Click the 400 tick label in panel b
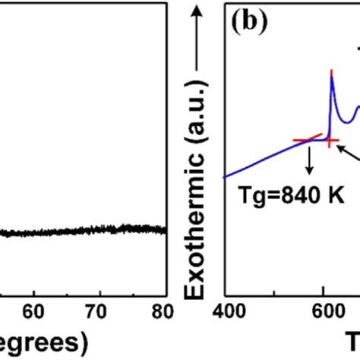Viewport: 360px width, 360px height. click(227, 310)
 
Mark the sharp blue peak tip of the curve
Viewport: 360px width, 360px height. click(331, 72)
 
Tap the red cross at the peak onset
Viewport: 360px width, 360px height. click(330, 141)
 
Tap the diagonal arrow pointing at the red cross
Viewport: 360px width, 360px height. click(347, 154)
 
